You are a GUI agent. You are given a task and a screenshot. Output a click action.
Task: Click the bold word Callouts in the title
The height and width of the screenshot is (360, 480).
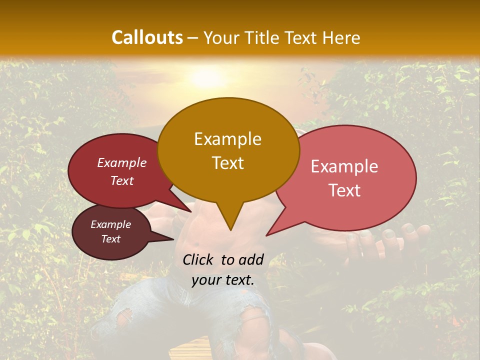pos(147,37)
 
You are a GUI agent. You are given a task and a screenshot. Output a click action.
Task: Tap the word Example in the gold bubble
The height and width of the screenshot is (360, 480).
pos(227,139)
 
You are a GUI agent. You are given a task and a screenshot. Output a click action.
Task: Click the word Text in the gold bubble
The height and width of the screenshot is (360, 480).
pos(227,163)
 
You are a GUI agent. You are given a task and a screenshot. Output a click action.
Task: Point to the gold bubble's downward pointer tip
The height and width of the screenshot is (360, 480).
pos(230,230)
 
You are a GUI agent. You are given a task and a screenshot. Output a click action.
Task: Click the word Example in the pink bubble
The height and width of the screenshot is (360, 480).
pos(344,166)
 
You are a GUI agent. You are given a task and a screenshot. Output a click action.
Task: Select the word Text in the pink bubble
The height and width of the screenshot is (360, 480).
pos(344,190)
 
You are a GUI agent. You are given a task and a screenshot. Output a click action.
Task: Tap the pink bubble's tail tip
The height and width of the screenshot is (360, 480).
pos(266,235)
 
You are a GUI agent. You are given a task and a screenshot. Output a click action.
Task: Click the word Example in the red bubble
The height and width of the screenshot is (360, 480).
pos(122,162)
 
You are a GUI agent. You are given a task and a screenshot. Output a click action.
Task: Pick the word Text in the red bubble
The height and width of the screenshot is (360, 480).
pos(122,180)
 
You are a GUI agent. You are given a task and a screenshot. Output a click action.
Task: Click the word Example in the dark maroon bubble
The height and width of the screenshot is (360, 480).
pos(110,224)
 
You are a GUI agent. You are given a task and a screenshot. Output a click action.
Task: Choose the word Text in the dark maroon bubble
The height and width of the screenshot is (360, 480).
pos(110,239)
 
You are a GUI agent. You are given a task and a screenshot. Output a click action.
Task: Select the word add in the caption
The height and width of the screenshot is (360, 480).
pos(251,259)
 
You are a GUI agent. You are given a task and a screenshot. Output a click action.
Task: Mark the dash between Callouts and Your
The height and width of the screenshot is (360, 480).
pos(193,38)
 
